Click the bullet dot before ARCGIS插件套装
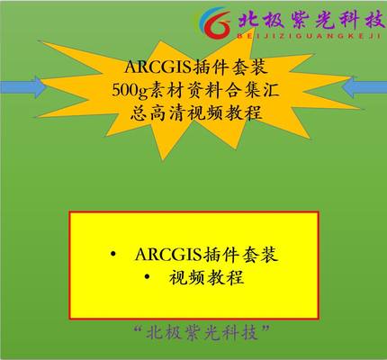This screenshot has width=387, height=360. click(112, 255)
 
